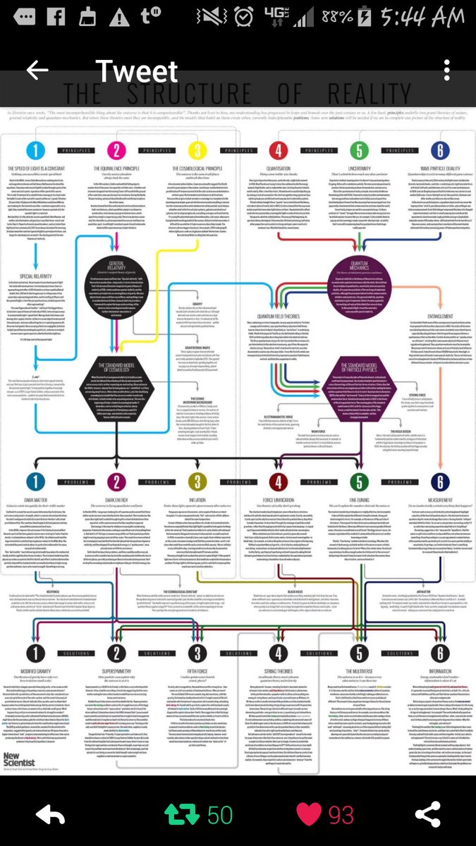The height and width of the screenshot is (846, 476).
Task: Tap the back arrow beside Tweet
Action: coord(37,70)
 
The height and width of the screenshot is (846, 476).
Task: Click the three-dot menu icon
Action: coord(446,70)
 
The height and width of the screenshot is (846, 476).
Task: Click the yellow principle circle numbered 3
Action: coord(198,149)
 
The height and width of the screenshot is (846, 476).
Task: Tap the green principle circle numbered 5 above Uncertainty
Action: coord(360,149)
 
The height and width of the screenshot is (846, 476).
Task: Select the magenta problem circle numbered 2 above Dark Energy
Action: coord(117,482)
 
